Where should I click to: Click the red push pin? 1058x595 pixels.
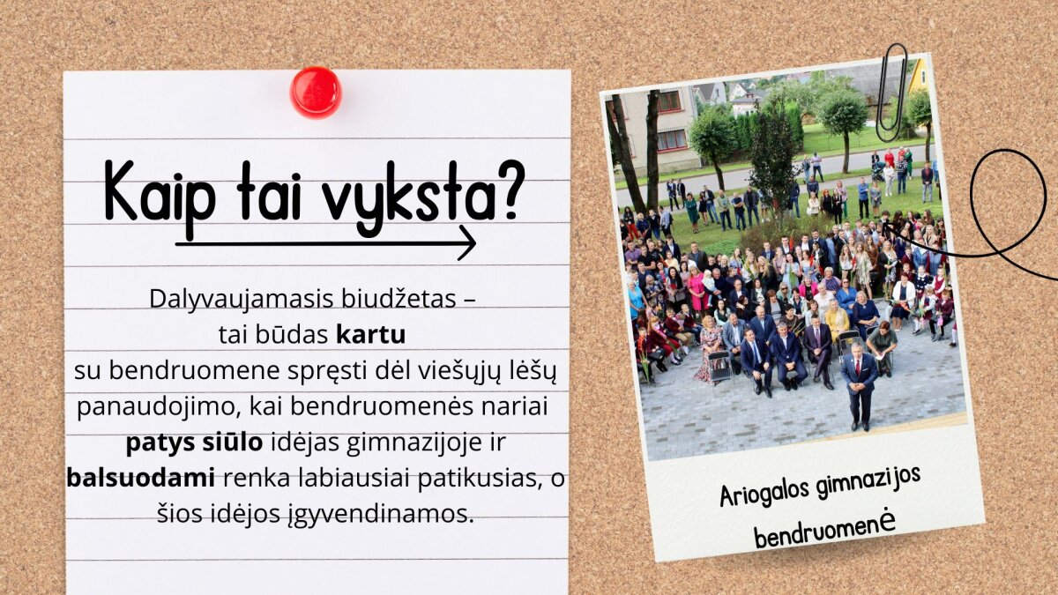click(x=316, y=92)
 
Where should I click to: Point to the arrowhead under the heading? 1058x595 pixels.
click(x=466, y=242)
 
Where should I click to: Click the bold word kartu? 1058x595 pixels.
click(x=371, y=335)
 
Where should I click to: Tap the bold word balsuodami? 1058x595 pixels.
click(x=141, y=478)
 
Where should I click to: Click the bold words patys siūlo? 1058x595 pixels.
click(x=194, y=443)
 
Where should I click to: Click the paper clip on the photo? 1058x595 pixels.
click(x=891, y=93)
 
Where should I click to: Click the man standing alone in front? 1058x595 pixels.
click(x=860, y=386)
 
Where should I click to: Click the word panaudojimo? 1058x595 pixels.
click(x=156, y=407)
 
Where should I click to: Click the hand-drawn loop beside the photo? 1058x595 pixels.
click(x=1009, y=152)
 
